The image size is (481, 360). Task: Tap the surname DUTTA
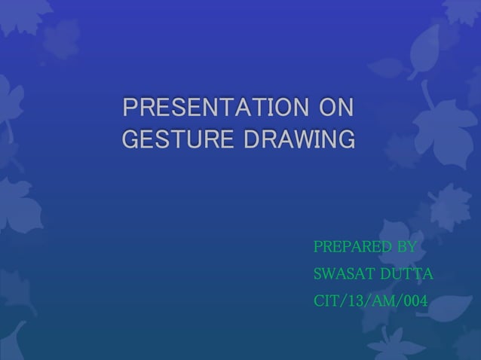406,274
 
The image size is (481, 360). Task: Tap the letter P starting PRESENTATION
129,108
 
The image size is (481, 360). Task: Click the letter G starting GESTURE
130,140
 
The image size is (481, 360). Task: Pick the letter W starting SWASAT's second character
329,274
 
